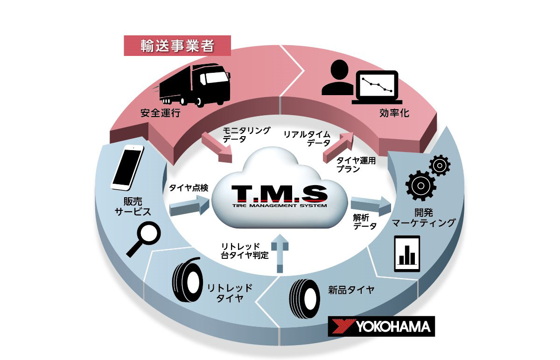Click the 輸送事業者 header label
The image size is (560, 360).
coord(177,46)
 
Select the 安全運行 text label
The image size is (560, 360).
coord(160,113)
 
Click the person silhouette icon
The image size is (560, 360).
coord(338,77)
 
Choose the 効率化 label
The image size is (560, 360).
coord(394,113)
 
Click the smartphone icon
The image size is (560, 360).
coord(127,167)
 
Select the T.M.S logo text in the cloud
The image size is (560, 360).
coord(279,194)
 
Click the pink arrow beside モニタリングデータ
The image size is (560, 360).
coord(217,148)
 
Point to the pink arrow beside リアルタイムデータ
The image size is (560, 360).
coord(338,147)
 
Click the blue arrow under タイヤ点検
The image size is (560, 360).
coord(189,206)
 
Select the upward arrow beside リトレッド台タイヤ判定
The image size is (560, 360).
coord(280,253)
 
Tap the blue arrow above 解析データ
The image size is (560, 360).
coord(371,206)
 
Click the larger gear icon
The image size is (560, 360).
coord(421,186)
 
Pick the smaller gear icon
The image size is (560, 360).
coord(440,165)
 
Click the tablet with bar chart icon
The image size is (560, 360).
coord(407,254)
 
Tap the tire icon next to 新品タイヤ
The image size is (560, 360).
coord(304,299)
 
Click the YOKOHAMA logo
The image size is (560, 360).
coord(381,326)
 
